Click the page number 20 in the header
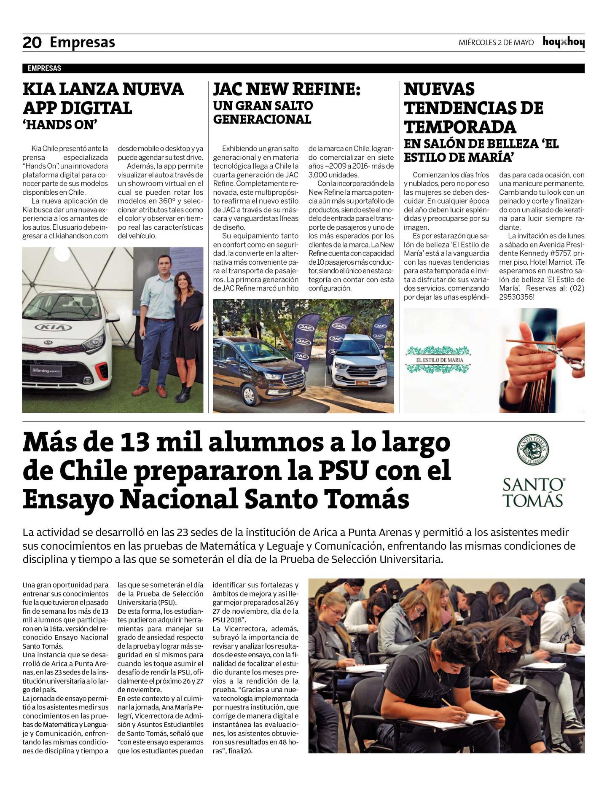pyautogui.click(x=32, y=42)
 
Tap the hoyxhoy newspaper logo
pyautogui.click(x=563, y=42)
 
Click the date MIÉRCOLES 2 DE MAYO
pyautogui.click(x=496, y=43)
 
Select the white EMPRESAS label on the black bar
pyautogui.click(x=44, y=68)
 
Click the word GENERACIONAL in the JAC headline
pyautogui.click(x=262, y=120)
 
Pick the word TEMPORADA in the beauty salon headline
pyautogui.click(x=460, y=126)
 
